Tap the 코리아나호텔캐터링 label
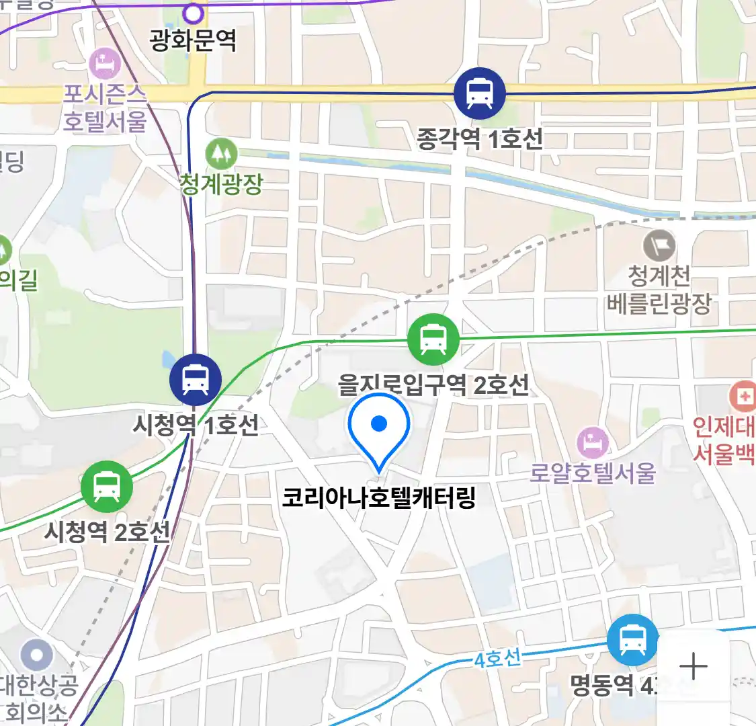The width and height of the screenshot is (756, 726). (x=379, y=498)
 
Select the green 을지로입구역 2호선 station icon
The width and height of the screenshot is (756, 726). (x=433, y=339)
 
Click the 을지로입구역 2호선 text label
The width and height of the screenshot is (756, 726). (x=433, y=385)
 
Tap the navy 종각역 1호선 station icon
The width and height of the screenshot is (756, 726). (x=479, y=93)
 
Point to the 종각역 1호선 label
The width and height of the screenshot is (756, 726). (x=479, y=139)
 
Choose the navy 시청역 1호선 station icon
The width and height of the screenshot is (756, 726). (x=196, y=380)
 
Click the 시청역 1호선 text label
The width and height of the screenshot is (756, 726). (x=196, y=425)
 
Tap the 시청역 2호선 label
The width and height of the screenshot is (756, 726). (x=108, y=532)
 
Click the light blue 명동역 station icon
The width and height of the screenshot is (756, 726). (x=632, y=639)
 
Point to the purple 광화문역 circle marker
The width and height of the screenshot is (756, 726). (x=194, y=13)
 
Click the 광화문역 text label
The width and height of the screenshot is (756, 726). (x=194, y=42)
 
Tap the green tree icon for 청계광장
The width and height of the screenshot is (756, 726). (x=221, y=154)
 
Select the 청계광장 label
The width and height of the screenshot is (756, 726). (x=221, y=184)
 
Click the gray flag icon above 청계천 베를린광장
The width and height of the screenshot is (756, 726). (x=659, y=245)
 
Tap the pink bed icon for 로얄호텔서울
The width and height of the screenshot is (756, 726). (x=593, y=443)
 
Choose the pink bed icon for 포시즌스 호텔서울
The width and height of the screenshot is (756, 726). (x=105, y=65)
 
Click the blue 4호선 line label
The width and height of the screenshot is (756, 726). (x=497, y=658)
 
